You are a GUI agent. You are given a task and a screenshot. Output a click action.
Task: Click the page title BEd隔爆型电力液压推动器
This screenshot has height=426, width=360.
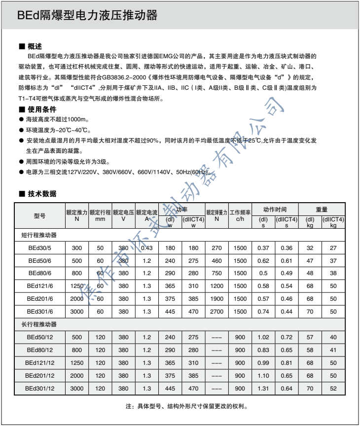87,16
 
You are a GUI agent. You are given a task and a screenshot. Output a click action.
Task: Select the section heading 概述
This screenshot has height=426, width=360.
35,46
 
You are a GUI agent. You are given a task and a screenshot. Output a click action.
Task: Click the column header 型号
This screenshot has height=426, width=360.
39,215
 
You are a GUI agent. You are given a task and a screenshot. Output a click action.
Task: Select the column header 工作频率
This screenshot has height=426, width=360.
240,215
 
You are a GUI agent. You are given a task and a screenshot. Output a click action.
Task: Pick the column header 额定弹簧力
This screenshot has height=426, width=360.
216,213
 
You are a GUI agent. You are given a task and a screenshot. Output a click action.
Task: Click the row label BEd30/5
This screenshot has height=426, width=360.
39,248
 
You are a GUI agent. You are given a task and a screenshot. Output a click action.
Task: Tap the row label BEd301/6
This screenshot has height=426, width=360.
39,312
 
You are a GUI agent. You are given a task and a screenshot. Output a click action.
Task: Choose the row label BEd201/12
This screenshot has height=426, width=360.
39,376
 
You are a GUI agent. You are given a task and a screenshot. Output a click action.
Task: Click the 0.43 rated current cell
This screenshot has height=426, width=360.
147,248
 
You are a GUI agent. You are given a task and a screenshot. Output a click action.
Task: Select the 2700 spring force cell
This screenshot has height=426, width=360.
216,312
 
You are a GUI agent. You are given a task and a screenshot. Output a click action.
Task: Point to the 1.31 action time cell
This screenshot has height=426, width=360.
263,389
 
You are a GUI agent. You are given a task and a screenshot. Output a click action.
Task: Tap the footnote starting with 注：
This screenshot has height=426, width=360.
186,407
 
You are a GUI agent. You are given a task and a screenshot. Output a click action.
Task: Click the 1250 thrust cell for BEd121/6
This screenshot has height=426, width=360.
77,286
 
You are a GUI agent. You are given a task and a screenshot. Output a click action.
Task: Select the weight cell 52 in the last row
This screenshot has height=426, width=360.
333,389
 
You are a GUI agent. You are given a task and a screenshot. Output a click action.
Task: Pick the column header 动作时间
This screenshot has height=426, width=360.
275,209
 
